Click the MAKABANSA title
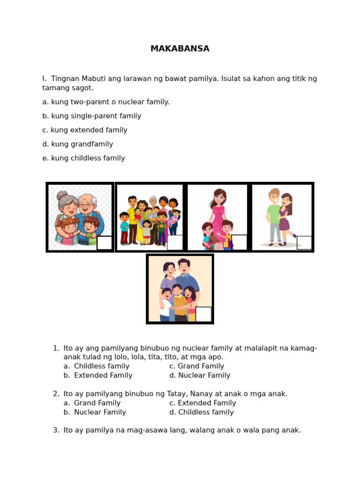180,49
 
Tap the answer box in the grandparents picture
104,243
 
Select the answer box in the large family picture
175,242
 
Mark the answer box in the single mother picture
239,242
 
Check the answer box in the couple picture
304,242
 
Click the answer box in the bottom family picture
203,314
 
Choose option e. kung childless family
83,158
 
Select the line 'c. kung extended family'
85,130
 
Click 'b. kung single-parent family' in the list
91,116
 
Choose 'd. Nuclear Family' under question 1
200,375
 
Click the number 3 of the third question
55,430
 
